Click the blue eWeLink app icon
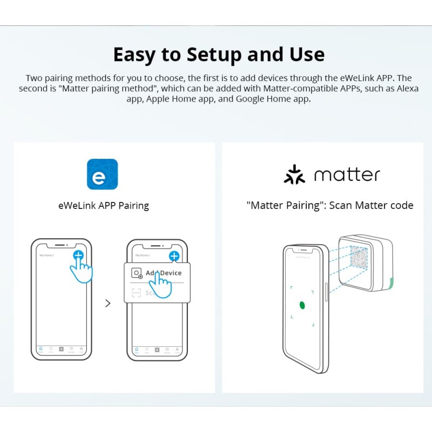point(102,174)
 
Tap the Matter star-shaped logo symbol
point(294,174)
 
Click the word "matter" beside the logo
point(347,174)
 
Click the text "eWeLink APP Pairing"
point(103,205)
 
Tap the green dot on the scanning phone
point(302,305)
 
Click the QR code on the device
point(360,258)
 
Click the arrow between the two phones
point(108,303)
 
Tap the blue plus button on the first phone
point(79,255)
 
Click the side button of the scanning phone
point(327,291)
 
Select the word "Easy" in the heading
point(136,55)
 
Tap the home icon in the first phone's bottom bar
point(40,349)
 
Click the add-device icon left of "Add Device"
point(137,273)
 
